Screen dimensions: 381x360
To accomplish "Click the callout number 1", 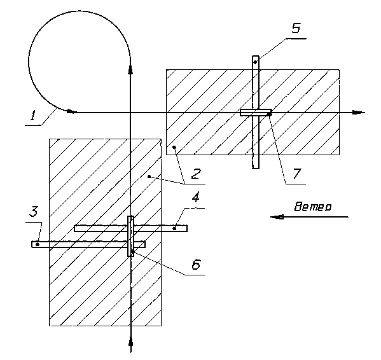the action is pos(33,115).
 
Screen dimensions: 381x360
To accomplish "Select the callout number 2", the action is pos(196,174).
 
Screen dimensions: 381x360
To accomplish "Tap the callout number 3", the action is pos(34,211).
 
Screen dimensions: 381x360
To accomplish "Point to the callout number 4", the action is pos(196,197).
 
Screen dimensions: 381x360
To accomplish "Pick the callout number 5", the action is pos(296,28).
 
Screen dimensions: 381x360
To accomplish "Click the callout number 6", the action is pos(196,264).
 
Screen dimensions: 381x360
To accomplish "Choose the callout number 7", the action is pos(296,174).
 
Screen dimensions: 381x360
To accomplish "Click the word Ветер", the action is pos(313,207).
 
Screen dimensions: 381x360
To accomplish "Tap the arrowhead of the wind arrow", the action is pos(277,217).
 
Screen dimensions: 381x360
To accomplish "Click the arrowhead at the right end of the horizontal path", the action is pos(359,113).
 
